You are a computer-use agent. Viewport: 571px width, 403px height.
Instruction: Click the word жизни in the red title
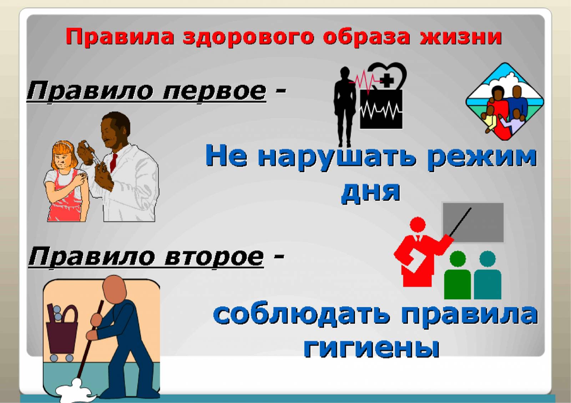click(x=461, y=37)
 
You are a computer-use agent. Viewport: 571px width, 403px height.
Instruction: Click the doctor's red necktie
click(x=113, y=163)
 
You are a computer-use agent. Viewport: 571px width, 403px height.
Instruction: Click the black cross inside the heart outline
click(x=388, y=80)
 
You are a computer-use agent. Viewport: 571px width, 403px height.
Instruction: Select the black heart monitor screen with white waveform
click(x=381, y=109)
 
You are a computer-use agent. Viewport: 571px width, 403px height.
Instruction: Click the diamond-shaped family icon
click(x=505, y=101)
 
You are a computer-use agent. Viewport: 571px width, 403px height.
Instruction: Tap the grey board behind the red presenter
click(x=473, y=223)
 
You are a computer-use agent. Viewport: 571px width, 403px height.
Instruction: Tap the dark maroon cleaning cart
click(x=61, y=331)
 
